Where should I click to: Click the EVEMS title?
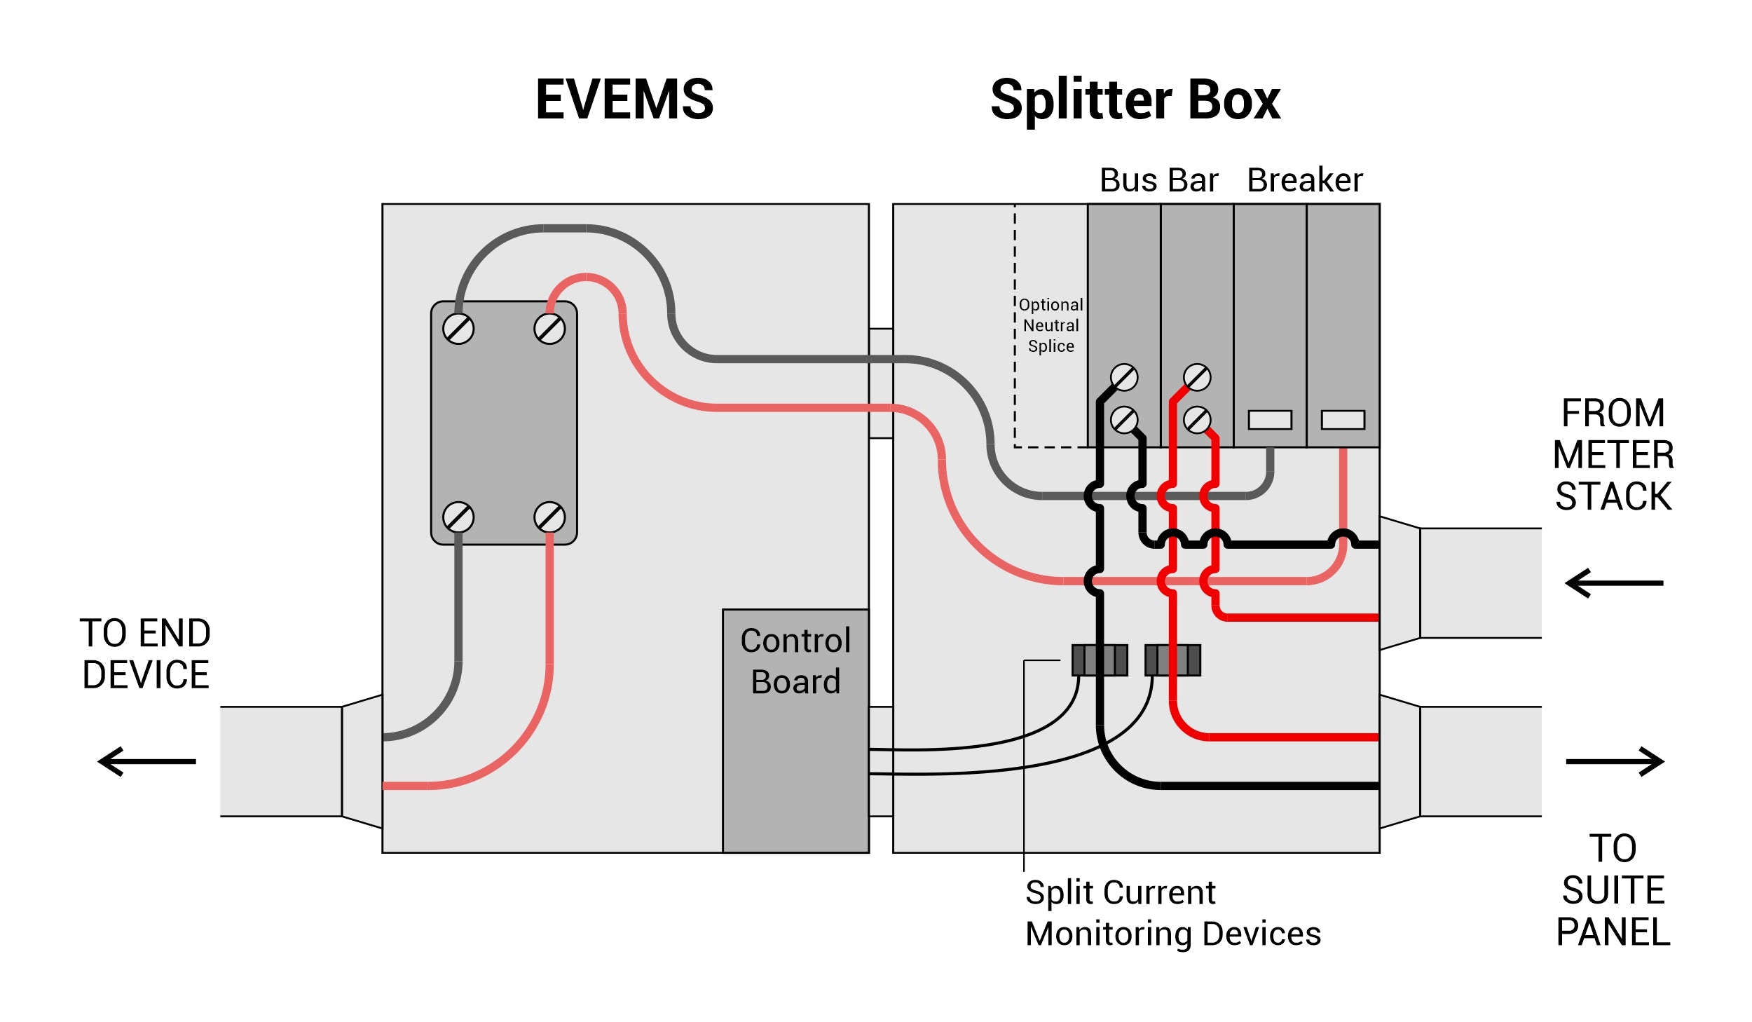[x=624, y=100]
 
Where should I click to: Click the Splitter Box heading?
[x=1135, y=101]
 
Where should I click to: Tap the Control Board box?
[x=795, y=729]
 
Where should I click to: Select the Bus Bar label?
[x=1158, y=180]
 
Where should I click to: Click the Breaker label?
[x=1304, y=180]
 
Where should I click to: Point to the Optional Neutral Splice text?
[x=1050, y=325]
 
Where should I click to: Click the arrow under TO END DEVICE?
[x=147, y=761]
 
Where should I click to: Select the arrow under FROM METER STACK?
[x=1613, y=582]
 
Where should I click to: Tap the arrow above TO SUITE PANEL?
[x=1615, y=761]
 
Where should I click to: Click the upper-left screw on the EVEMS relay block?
[x=458, y=329]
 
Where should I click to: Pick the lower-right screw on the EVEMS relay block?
[x=549, y=517]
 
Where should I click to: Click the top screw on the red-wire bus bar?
[x=1197, y=377]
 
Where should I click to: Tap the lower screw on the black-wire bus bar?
[x=1124, y=420]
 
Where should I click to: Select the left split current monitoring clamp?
[x=1100, y=660]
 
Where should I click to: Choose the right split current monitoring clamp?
[x=1172, y=660]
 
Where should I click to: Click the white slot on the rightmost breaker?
[x=1343, y=420]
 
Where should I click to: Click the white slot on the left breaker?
[x=1270, y=420]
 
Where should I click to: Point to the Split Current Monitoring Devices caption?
[x=1172, y=913]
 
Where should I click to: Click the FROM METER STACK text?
[x=1613, y=455]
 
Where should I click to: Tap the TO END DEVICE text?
[x=145, y=653]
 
